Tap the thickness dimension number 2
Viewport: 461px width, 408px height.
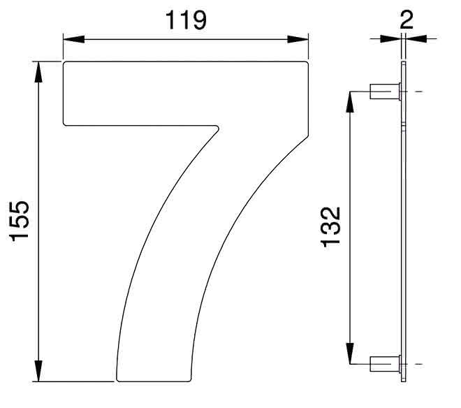(407, 17)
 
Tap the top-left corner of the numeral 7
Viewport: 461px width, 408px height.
(66, 64)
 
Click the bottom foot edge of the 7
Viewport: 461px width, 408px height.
(154, 381)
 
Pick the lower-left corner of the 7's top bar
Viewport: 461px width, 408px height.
(66, 124)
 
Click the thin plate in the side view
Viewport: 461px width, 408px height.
(403, 224)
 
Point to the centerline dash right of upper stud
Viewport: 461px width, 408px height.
(419, 92)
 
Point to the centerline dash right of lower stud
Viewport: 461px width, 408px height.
(419, 363)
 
